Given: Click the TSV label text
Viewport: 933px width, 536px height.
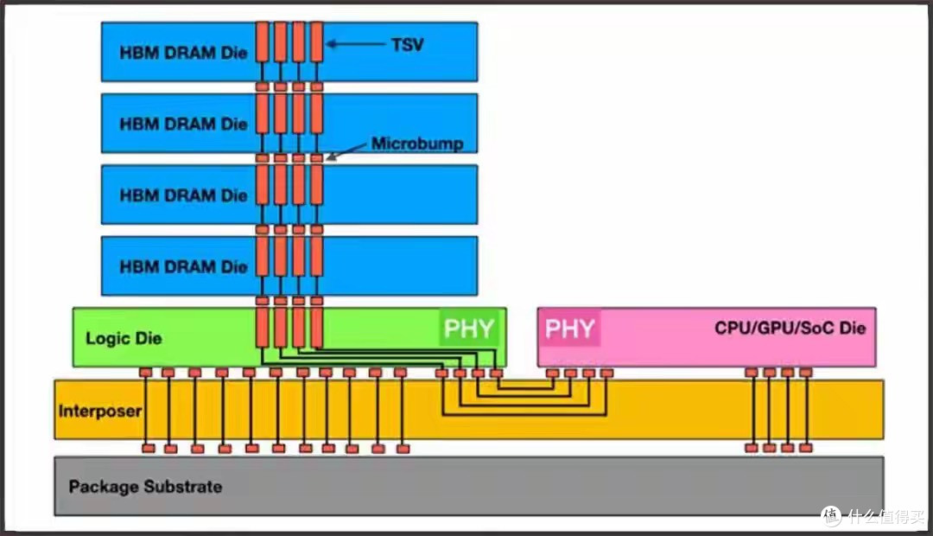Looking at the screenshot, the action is [408, 45].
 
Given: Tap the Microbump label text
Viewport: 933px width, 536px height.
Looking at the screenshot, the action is [417, 144].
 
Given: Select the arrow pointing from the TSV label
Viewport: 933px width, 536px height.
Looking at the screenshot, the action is [356, 43].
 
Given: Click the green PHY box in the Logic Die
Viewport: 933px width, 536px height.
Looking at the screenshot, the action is [469, 328].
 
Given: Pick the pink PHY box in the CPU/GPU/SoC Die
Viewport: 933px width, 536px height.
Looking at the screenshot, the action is [569, 328].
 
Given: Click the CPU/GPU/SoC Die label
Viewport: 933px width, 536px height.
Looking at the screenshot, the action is [790, 329].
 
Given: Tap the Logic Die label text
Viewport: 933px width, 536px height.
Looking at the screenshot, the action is [124, 338].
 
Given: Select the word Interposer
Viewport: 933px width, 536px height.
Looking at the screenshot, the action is [100, 411].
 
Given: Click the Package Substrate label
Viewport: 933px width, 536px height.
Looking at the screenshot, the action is [146, 487].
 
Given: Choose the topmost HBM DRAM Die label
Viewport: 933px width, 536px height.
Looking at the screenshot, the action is [183, 53].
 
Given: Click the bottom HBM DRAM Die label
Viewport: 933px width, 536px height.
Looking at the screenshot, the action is [183, 267].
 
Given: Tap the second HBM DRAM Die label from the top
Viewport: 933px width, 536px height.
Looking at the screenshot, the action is [183, 124].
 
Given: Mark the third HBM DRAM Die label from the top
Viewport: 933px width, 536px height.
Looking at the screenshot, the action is [183, 195].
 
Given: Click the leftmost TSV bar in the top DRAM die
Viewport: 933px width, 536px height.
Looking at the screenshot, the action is [263, 41].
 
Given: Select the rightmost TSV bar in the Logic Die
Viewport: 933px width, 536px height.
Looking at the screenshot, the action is [316, 328].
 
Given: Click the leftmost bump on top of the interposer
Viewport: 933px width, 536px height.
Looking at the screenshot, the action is [146, 373].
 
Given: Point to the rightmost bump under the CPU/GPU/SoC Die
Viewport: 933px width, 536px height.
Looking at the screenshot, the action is [806, 373].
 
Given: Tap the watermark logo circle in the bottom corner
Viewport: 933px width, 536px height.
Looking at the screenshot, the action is [831, 516].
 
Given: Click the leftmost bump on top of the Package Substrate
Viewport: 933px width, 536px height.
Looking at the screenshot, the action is [149, 449].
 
